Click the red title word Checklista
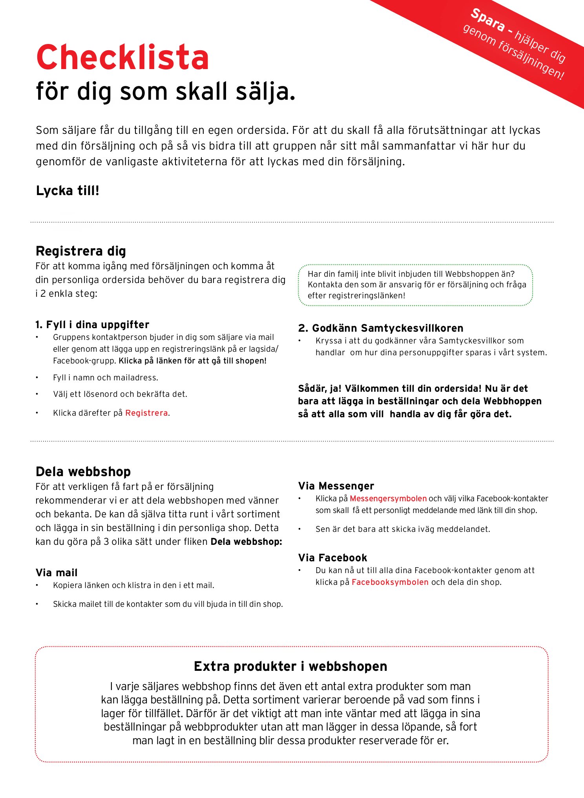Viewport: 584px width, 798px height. [x=122, y=58]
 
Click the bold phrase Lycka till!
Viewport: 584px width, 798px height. [x=68, y=191]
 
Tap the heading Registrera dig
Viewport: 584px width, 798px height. [x=81, y=251]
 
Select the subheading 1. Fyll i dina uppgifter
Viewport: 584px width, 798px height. [x=92, y=325]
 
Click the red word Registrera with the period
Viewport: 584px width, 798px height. [x=147, y=413]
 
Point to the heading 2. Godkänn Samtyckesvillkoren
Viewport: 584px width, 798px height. [x=381, y=328]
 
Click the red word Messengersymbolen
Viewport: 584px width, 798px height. [x=388, y=499]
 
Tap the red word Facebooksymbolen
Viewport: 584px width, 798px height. [x=390, y=582]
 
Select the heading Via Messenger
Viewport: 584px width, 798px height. [x=336, y=486]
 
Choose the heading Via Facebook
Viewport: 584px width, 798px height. [x=332, y=558]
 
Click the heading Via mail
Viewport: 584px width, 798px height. [x=57, y=573]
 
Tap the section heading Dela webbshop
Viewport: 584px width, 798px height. [x=83, y=471]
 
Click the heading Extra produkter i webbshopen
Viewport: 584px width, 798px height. [x=290, y=666]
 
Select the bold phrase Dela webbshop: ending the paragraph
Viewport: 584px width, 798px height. [x=246, y=542]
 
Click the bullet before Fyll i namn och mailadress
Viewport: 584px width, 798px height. [x=37, y=378]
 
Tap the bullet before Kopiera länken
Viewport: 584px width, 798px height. [x=37, y=585]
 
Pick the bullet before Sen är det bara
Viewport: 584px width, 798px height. [x=299, y=529]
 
